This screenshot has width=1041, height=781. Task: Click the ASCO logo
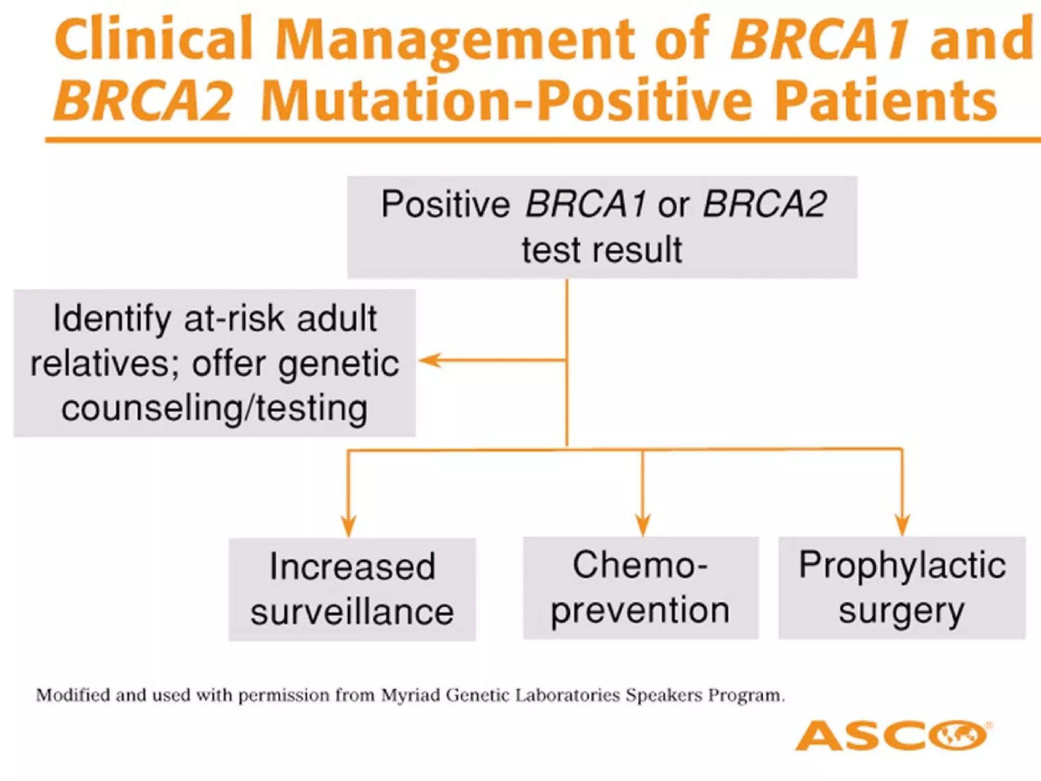coord(892,735)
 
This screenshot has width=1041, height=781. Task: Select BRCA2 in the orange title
coord(144,100)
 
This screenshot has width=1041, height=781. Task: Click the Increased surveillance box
coord(352,589)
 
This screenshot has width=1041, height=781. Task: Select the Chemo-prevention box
coord(640,587)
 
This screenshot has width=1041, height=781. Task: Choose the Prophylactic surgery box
coord(902,587)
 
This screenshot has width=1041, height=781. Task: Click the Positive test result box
coord(602,227)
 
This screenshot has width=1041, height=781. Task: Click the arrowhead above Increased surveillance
coord(349,526)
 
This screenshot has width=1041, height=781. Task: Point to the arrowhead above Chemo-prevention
coord(642,525)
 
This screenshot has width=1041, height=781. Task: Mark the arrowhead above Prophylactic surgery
coord(902,525)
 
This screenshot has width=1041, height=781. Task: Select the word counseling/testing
coord(215,408)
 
